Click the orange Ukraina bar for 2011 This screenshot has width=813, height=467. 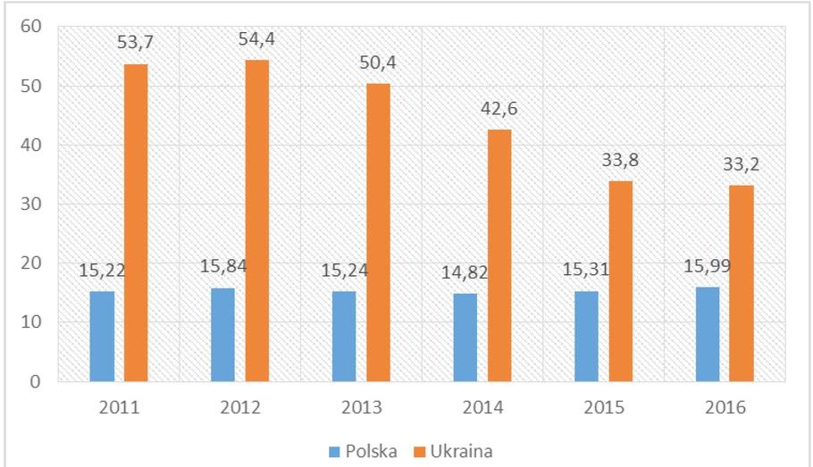pyautogui.click(x=136, y=223)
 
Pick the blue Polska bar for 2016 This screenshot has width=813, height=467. pyautogui.click(x=708, y=334)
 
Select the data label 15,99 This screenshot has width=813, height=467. pyautogui.click(x=707, y=266)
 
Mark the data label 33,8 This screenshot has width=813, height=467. pyautogui.click(x=621, y=162)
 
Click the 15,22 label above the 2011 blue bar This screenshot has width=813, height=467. pyautogui.click(x=101, y=271)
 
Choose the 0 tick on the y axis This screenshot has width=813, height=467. pyautogui.click(x=36, y=382)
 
